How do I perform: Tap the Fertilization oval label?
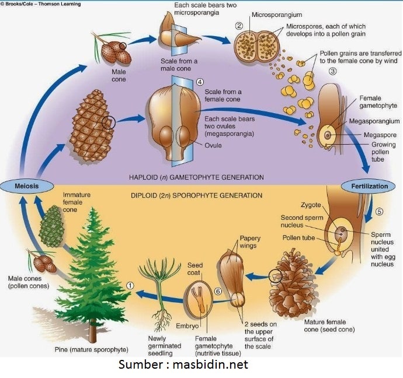[369, 186]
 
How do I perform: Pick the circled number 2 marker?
[239, 25]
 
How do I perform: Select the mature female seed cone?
[293, 283]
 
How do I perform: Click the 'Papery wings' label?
[250, 242]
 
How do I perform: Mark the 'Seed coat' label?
[194, 269]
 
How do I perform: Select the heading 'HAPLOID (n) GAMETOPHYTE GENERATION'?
[196, 177]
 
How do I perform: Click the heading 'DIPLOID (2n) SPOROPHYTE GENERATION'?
[196, 195]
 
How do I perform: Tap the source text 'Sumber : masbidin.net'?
[183, 365]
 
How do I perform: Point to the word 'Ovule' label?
[213, 145]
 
